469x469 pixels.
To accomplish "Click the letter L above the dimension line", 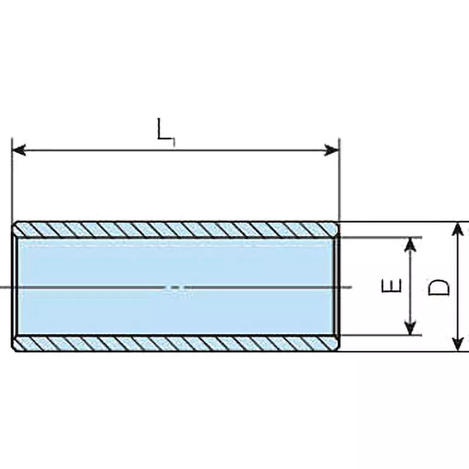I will click(x=165, y=130).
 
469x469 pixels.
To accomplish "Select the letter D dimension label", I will click(x=439, y=287).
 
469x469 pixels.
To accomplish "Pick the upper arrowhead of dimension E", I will click(x=412, y=245).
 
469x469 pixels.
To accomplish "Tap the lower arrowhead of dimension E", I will click(x=412, y=328).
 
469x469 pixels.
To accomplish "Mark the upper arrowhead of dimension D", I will click(x=458, y=230).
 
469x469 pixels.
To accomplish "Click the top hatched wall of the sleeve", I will click(x=176, y=229).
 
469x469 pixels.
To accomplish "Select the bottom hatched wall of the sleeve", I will click(x=176, y=344).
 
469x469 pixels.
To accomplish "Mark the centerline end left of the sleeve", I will click(x=5, y=287).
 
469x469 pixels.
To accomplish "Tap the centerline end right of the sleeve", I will click(x=347, y=287).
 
